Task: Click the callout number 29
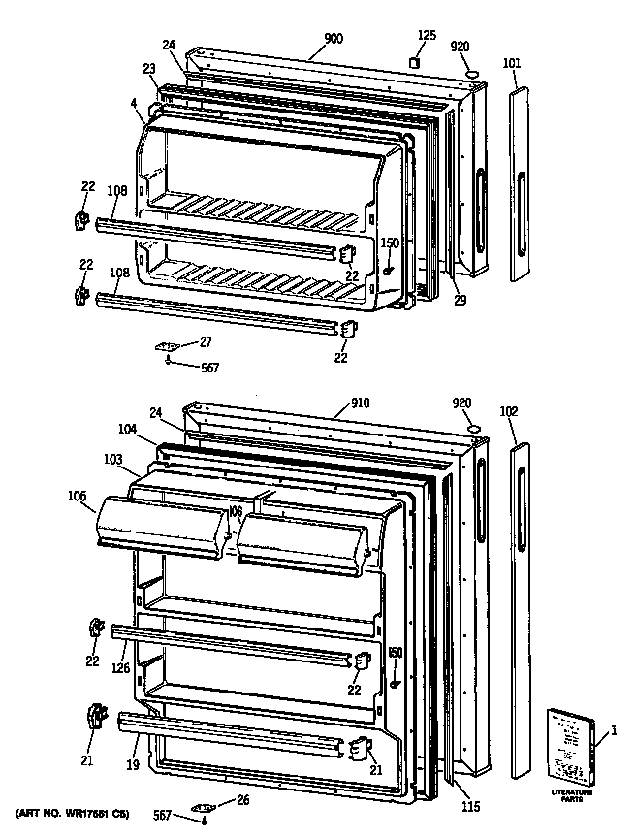[461, 301]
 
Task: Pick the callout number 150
[389, 243]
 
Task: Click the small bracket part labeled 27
[169, 345]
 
